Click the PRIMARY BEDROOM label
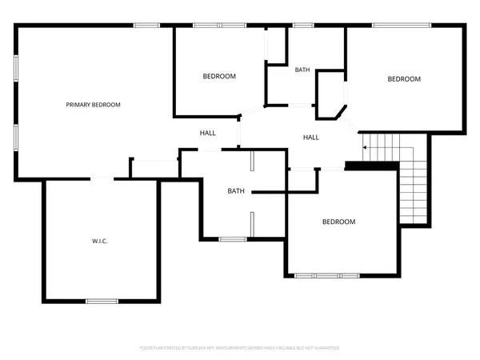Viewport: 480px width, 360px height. (93, 105)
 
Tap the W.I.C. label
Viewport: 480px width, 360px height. (99, 241)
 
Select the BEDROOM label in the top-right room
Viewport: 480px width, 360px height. (404, 78)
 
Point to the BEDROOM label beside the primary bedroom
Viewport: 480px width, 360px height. (218, 76)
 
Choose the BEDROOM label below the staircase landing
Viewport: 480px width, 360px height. (338, 222)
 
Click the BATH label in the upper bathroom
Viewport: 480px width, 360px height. (302, 70)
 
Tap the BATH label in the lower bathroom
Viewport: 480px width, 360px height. (235, 190)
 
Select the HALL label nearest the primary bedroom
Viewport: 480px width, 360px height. (207, 133)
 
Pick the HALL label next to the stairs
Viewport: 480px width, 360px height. (311, 137)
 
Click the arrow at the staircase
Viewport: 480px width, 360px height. (366, 147)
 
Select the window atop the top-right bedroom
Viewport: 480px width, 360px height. (404, 26)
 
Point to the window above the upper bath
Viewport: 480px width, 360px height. (302, 26)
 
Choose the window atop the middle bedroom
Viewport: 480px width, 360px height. (219, 26)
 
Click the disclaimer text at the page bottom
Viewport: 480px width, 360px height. (239, 348)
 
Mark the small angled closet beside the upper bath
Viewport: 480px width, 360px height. (330, 90)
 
